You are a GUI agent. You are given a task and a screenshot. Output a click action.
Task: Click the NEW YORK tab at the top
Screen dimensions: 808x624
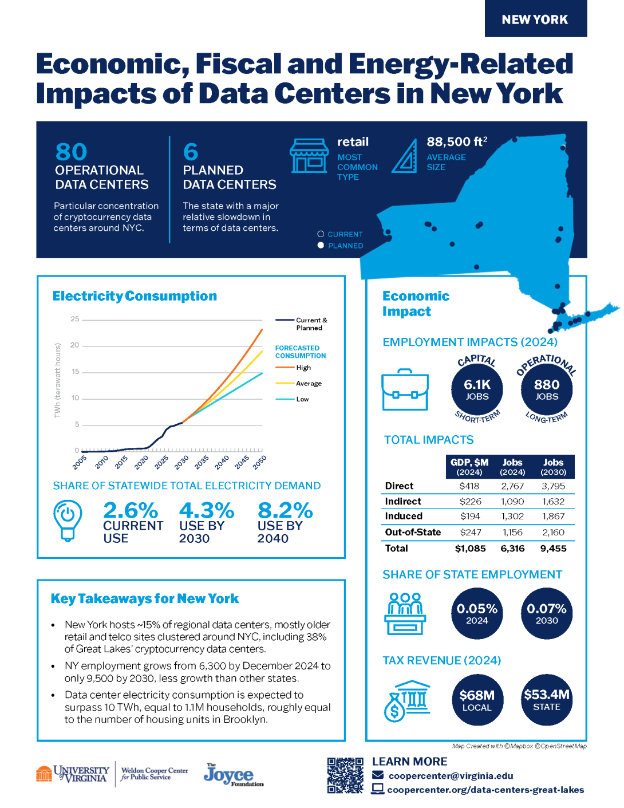(535, 19)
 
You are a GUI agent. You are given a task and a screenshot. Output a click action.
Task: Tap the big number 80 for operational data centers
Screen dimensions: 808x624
(71, 152)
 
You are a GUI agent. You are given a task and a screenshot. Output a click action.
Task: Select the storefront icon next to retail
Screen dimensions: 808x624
(309, 156)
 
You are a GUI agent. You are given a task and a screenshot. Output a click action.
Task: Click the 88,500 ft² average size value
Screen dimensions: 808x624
(457, 142)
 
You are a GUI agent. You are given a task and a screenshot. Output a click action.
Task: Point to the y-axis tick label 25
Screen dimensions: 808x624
(75, 319)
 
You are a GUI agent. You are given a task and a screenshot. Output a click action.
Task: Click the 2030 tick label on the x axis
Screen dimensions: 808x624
(181, 462)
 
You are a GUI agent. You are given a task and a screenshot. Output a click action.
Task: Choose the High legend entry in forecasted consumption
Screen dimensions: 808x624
(303, 368)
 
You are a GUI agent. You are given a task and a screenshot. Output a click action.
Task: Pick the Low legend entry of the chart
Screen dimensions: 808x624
(302, 399)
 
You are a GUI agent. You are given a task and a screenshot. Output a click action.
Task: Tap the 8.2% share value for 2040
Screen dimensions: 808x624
(285, 510)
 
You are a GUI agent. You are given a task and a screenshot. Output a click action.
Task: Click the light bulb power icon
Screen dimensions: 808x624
(68, 519)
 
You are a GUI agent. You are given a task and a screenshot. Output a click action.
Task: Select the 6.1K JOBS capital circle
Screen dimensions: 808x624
(477, 389)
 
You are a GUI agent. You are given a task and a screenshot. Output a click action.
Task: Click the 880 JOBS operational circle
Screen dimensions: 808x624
(547, 389)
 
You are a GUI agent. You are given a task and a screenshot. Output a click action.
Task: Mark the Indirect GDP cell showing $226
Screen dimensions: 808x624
(471, 502)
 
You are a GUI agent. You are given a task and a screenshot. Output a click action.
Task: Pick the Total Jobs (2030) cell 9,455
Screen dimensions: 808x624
(553, 549)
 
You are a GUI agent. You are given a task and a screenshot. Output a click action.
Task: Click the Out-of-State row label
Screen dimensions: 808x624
(413, 533)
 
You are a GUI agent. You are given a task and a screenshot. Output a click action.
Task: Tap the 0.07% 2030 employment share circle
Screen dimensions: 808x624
(547, 613)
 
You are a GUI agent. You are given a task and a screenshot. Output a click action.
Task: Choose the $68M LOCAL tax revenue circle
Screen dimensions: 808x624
(477, 700)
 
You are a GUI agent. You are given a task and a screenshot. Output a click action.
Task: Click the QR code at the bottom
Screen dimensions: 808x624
(345, 775)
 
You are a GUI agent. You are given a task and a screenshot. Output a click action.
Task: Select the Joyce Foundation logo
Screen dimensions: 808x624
(233, 775)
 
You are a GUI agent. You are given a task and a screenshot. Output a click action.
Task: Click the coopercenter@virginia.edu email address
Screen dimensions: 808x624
(451, 776)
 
